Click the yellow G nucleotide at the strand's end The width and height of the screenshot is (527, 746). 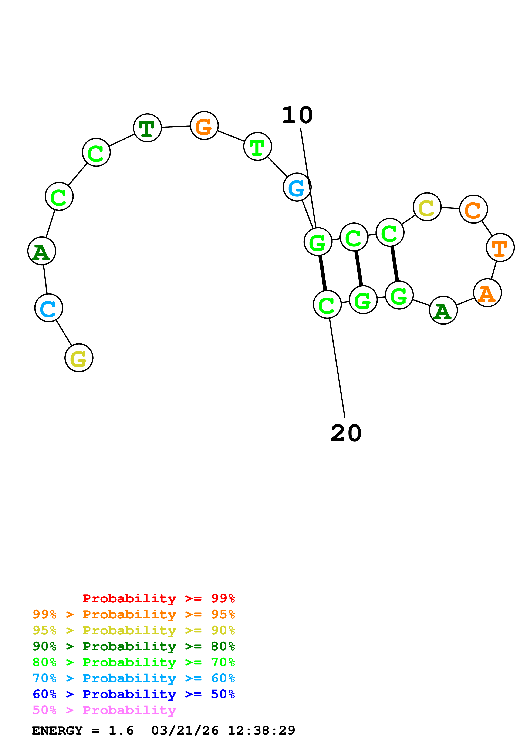(79, 358)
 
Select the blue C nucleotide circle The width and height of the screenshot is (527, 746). (49, 308)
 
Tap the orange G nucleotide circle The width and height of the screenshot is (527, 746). (204, 126)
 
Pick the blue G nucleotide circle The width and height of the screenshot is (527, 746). (297, 187)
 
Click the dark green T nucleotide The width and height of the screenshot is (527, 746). (147, 128)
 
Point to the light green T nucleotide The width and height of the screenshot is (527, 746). (257, 147)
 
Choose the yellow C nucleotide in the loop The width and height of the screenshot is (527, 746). (427, 207)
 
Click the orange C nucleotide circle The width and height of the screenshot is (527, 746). (473, 209)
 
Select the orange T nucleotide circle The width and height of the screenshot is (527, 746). (500, 248)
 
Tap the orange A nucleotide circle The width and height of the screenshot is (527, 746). (487, 293)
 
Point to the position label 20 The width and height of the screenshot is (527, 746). (346, 433)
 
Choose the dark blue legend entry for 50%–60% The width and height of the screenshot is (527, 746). (134, 694)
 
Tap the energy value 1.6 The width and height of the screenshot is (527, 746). (121, 731)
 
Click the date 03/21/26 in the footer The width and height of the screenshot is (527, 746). (185, 731)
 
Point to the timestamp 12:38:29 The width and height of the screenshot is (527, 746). (261, 731)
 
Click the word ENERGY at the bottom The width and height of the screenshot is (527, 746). (57, 731)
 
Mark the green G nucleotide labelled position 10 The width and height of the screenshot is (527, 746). (318, 242)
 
